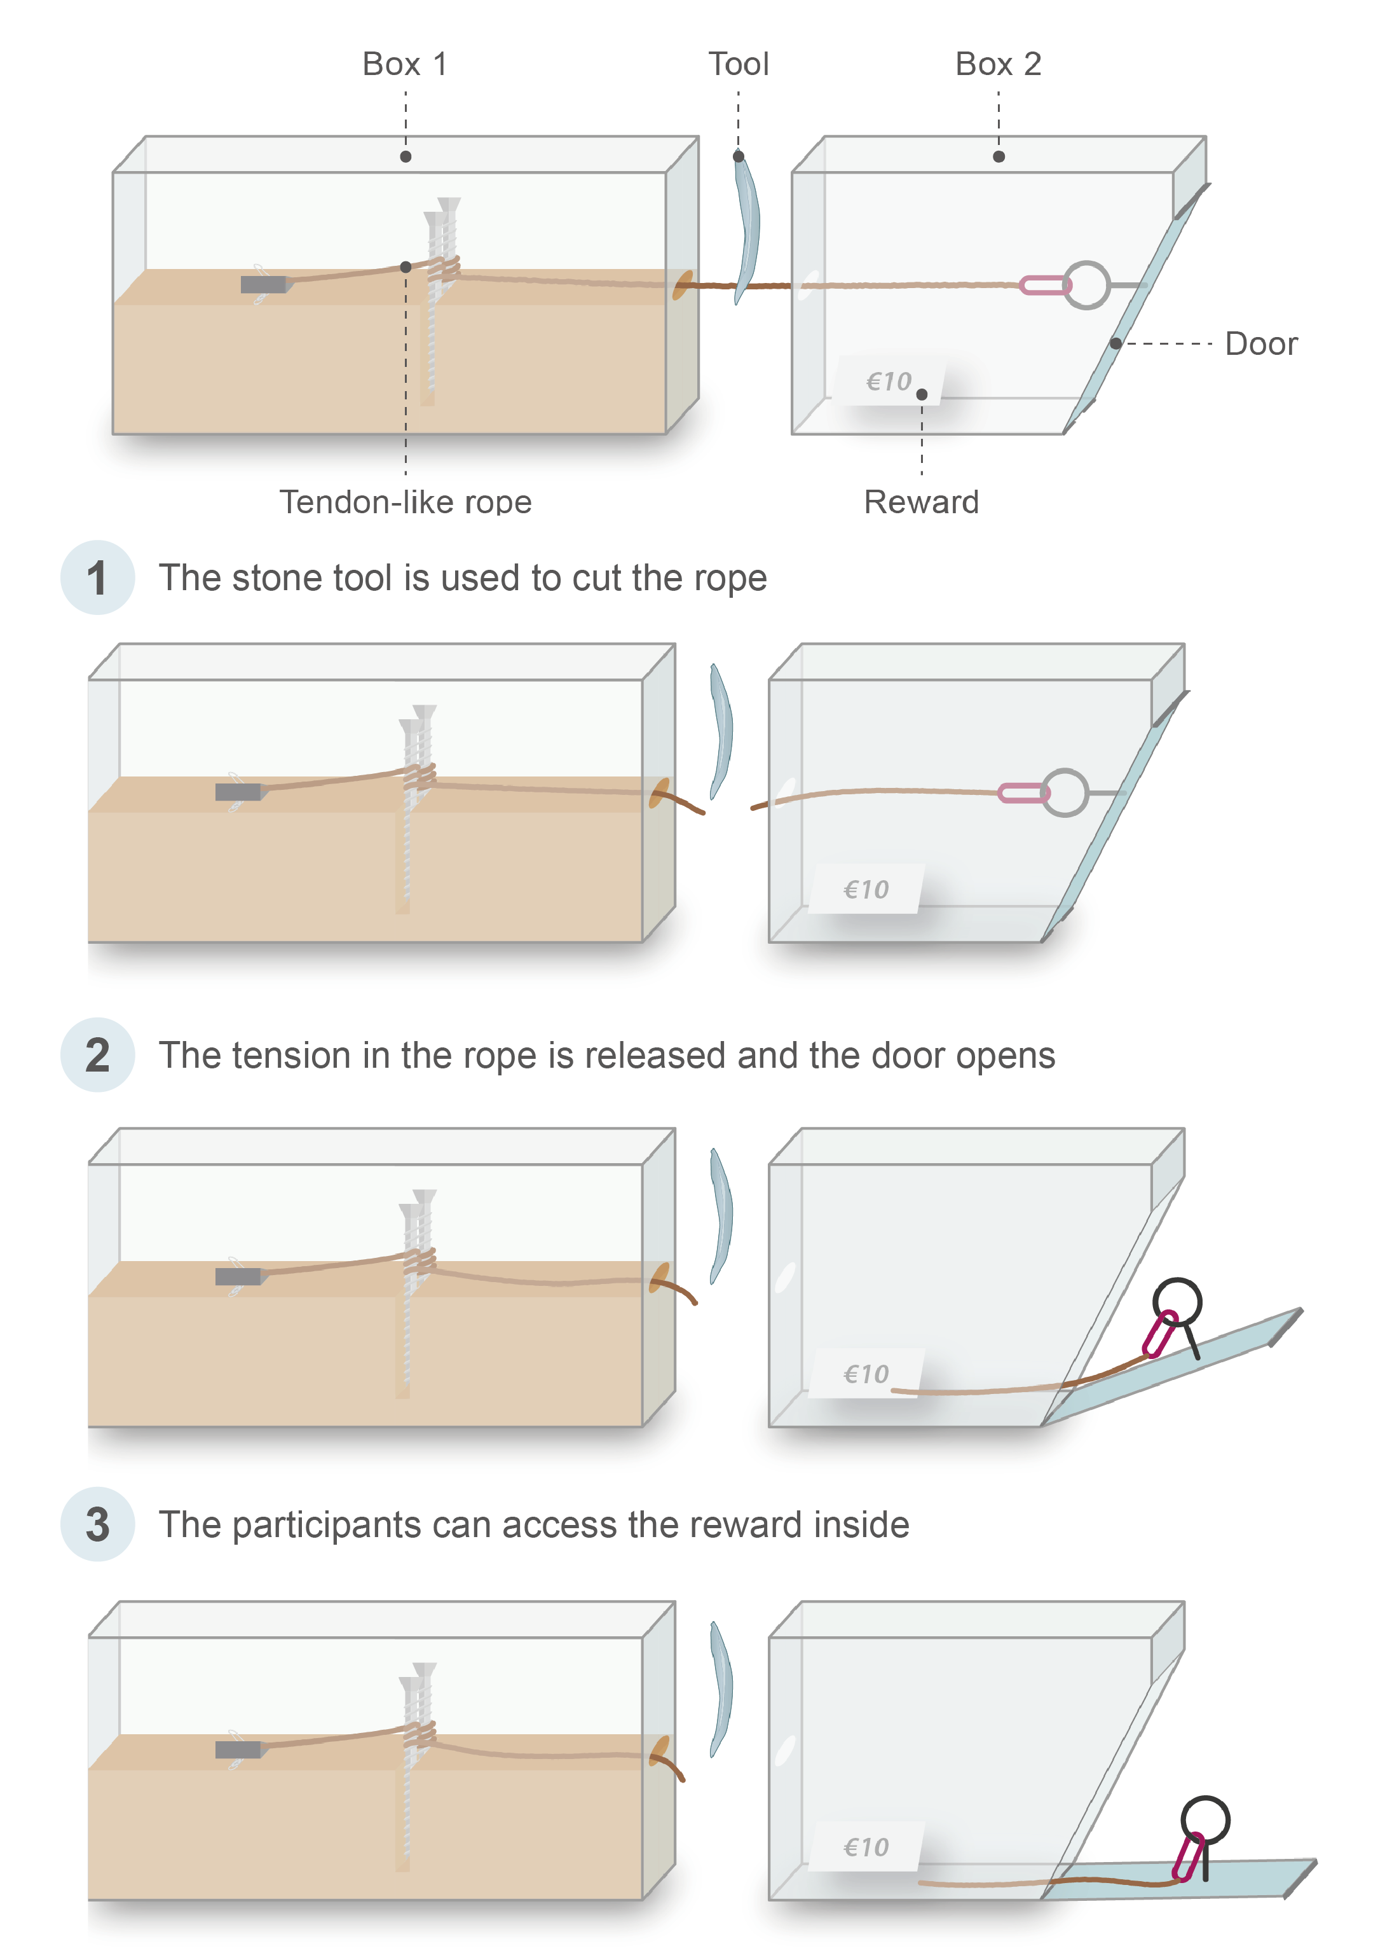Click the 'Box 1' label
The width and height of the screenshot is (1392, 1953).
[x=405, y=64]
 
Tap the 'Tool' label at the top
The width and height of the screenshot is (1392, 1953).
[x=738, y=64]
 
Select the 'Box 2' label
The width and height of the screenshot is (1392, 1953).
[x=998, y=64]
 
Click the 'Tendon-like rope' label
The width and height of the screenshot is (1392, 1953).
[x=406, y=502]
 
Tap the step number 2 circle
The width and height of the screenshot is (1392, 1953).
[x=97, y=1054]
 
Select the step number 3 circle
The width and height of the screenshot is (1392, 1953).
[x=97, y=1524]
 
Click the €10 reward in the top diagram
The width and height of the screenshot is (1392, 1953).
[x=889, y=381]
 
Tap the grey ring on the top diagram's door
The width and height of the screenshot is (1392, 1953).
[x=1086, y=285]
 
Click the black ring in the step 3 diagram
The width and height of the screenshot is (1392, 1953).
[x=1205, y=1820]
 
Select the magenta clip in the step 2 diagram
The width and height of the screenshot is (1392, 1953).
[x=1160, y=1335]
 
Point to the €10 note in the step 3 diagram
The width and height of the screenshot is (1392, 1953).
[x=866, y=1847]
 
